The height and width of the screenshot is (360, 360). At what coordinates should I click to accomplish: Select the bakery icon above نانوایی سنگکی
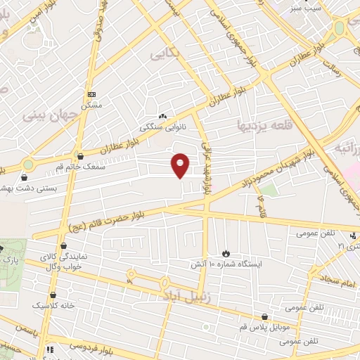pos(162,117)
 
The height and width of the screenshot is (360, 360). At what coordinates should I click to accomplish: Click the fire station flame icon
pos(226,253)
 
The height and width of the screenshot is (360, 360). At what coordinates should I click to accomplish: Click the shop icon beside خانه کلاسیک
pos(54,295)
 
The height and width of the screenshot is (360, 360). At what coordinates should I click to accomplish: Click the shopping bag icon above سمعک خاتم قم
pos(79,156)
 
